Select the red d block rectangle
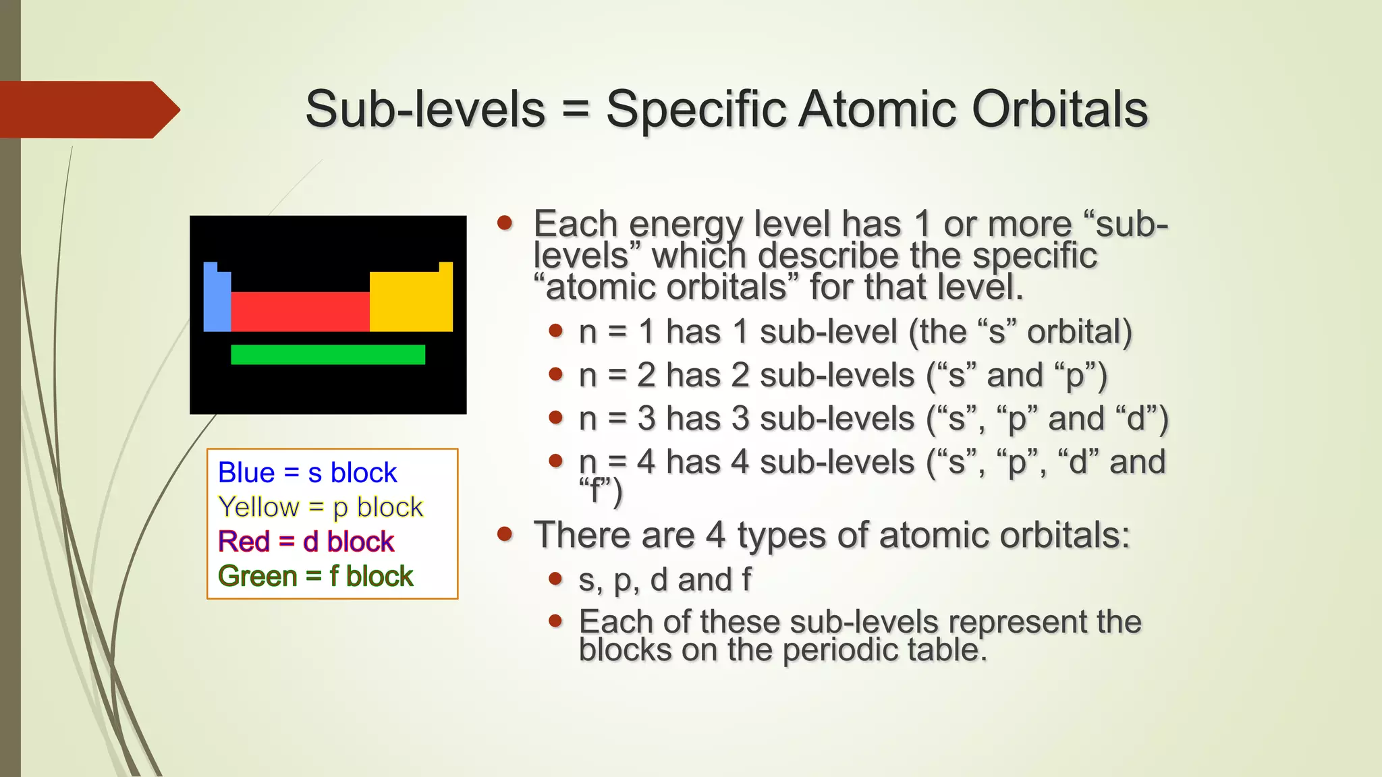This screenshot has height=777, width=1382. [x=300, y=312]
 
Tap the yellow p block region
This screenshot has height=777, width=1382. [x=411, y=301]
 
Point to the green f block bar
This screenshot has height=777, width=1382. [x=328, y=355]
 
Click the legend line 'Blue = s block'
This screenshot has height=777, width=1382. [x=307, y=473]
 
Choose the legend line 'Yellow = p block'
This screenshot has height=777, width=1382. [x=321, y=507]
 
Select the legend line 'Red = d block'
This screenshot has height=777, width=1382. [x=306, y=542]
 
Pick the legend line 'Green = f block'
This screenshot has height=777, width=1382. [x=315, y=577]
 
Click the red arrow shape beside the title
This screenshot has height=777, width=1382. [x=88, y=110]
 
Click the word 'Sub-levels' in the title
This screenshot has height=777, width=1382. [x=425, y=109]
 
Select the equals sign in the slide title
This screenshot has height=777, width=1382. [x=575, y=109]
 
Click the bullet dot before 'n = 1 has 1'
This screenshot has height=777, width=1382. [x=555, y=330]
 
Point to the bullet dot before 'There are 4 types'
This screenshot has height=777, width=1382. [x=505, y=534]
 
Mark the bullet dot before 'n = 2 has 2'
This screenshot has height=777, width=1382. [x=555, y=374]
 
